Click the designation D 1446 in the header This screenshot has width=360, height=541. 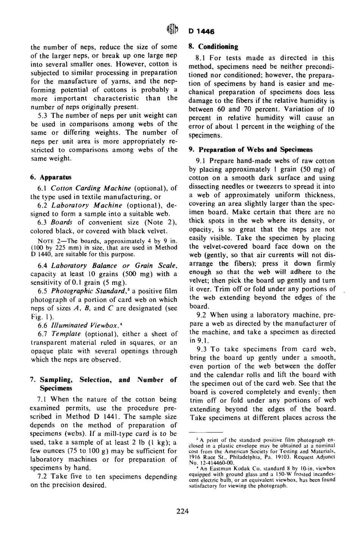coord(202,32)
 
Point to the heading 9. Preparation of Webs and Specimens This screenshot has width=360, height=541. coord(251,150)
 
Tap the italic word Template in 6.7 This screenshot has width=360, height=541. coord(64,334)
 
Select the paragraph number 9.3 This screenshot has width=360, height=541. coord(201,349)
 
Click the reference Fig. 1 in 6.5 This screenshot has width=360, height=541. coord(38,317)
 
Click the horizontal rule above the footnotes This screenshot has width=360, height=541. coord(205,433)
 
